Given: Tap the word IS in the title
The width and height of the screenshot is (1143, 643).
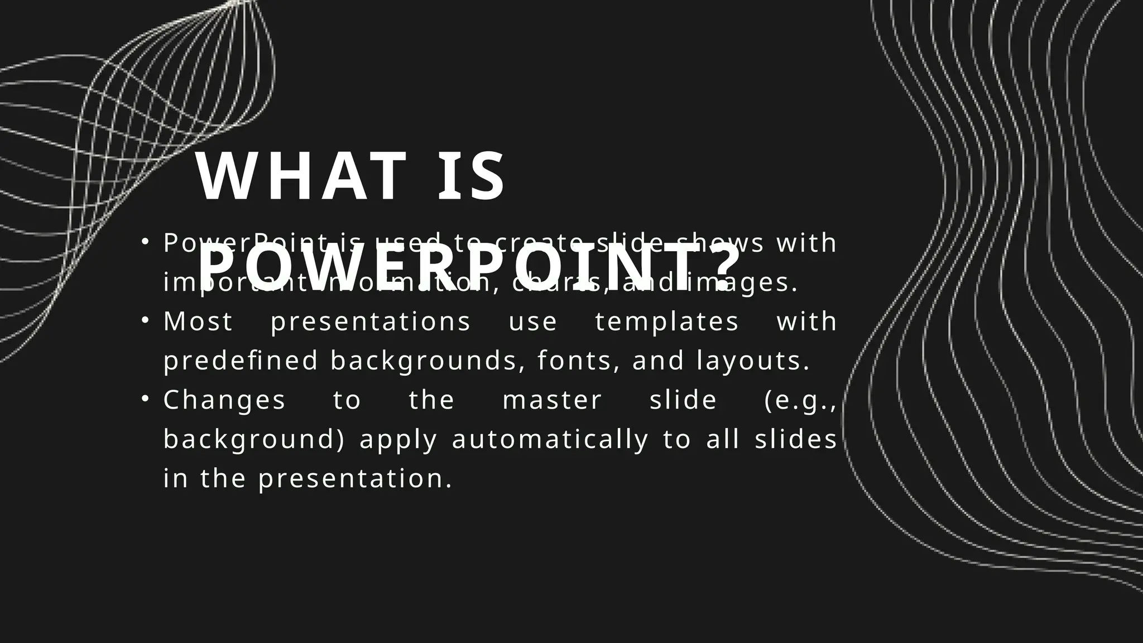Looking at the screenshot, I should click(x=472, y=177).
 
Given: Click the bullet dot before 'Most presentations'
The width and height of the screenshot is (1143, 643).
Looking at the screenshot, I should click(x=145, y=321).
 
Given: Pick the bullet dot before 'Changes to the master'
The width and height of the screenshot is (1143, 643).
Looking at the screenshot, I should click(x=145, y=400).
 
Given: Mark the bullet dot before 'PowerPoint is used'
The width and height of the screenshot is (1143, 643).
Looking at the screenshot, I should click(x=145, y=242).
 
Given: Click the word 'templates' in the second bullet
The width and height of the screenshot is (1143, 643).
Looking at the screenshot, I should click(x=667, y=322).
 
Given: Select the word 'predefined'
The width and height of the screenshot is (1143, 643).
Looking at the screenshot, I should click(x=241, y=361).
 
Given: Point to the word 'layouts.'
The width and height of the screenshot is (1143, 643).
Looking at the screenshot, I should click(x=753, y=361).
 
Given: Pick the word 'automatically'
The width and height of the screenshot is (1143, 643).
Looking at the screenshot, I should click(x=550, y=440).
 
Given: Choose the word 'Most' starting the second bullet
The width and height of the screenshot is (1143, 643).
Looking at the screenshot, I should click(x=198, y=322).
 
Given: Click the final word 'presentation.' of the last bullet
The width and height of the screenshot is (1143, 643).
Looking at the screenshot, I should click(x=355, y=479).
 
